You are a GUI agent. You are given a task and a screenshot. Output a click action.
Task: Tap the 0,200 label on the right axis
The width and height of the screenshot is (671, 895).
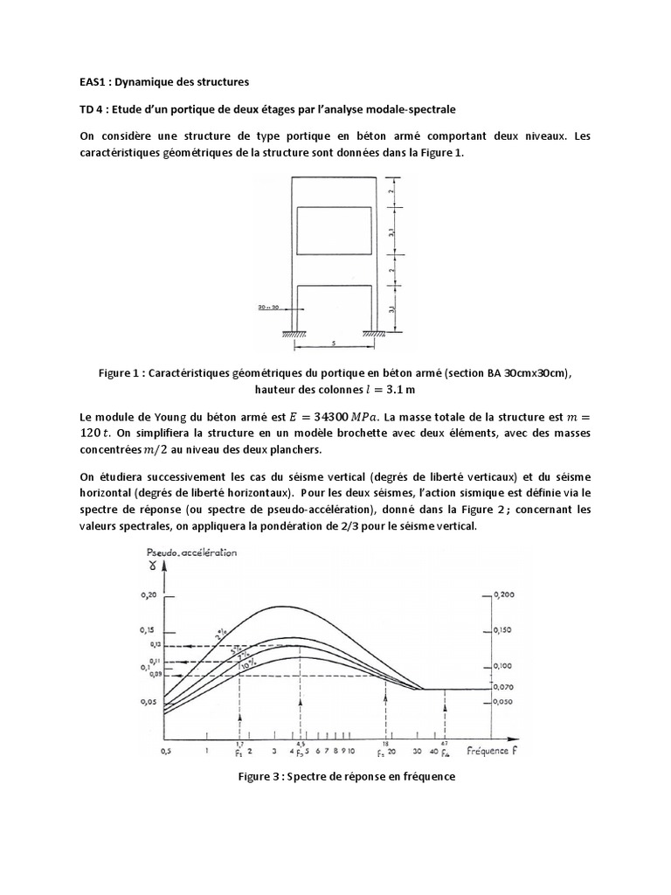point(503,593)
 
